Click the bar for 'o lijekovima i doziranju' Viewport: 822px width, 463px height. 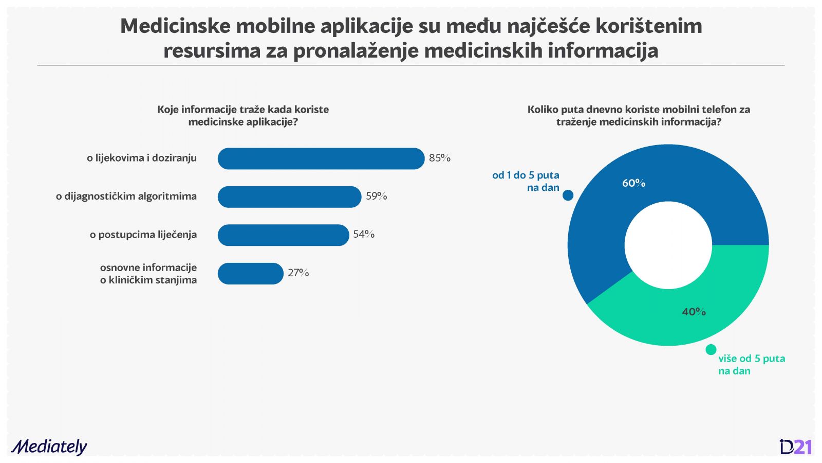321,158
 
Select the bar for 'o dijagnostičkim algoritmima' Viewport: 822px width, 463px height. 289,197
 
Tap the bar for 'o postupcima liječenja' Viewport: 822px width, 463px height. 283,235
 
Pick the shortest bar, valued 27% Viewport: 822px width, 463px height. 250,273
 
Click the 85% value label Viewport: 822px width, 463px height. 440,158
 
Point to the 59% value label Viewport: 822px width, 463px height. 376,196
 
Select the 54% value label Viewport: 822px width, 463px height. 364,234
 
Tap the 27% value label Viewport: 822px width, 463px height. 298,273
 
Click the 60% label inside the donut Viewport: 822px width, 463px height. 633,183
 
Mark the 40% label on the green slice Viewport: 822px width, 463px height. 694,312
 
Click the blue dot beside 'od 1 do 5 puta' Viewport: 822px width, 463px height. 568,195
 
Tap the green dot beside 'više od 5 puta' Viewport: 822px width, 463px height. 711,350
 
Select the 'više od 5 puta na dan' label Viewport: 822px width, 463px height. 751,364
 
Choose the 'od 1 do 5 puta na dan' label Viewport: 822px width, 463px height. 526,181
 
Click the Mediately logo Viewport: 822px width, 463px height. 49,447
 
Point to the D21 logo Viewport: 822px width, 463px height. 795,447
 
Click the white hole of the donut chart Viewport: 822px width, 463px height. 668,245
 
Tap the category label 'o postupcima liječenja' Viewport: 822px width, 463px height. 143,235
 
